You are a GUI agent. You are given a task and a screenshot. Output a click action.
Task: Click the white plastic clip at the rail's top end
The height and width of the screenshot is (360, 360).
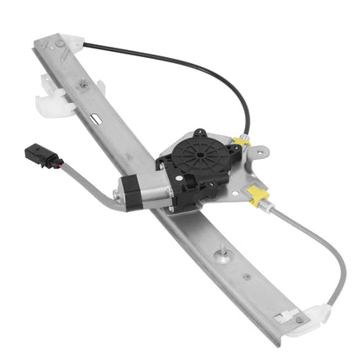pos(70,42)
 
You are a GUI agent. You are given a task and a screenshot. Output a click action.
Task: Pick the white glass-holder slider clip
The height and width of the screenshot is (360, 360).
pos(54,95)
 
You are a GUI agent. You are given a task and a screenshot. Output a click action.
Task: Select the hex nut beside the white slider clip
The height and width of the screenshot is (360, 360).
pos(83,85)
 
